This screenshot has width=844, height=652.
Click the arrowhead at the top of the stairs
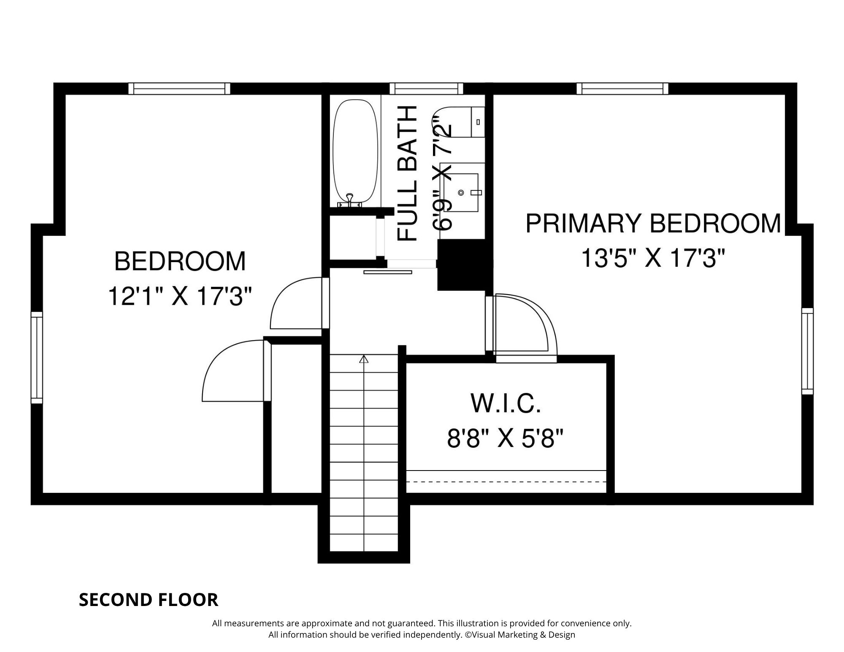click(364, 359)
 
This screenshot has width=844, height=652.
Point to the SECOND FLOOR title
click(149, 600)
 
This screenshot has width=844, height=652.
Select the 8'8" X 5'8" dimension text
click(506, 438)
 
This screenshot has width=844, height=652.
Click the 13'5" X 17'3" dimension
click(653, 258)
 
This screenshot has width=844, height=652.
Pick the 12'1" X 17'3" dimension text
click(180, 296)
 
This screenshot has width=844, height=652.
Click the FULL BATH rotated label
click(408, 173)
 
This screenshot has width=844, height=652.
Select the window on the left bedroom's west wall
click(37, 358)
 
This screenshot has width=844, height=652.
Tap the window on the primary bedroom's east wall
click(807, 351)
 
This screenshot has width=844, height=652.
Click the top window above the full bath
click(426, 88)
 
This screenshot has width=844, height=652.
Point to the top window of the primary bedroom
click(622, 88)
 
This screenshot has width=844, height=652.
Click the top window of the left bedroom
click(179, 88)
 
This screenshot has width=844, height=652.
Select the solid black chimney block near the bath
click(465, 265)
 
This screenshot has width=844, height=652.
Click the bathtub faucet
click(349, 200)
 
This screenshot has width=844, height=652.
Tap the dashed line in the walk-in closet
click(506, 482)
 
